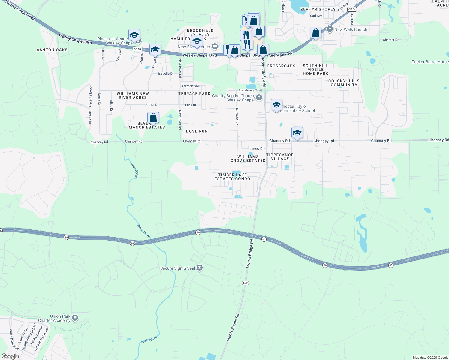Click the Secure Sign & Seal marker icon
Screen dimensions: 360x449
point(200,268)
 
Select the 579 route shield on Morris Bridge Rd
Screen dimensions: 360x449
point(245,283)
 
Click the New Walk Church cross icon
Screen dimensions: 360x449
point(330,29)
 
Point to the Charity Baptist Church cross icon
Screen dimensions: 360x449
point(259,97)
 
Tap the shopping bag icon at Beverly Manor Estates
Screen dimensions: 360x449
point(153,118)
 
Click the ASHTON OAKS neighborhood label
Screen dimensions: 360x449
point(52,50)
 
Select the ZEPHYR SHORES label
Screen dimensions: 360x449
point(318,9)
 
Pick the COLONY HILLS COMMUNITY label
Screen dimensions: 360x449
point(344,83)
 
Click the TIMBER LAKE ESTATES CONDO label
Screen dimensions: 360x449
point(232,177)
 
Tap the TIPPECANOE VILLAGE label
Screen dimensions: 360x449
point(280,157)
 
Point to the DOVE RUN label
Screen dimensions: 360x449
point(197,131)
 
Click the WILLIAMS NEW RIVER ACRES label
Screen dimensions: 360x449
point(133,95)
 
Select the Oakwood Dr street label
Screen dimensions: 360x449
point(237,115)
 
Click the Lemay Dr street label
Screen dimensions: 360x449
point(256,148)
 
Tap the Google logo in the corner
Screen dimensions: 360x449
point(10,356)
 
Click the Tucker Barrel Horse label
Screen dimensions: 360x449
point(430,62)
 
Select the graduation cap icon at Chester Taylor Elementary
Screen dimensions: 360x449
point(276,105)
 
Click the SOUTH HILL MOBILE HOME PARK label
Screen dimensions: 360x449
point(315,70)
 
